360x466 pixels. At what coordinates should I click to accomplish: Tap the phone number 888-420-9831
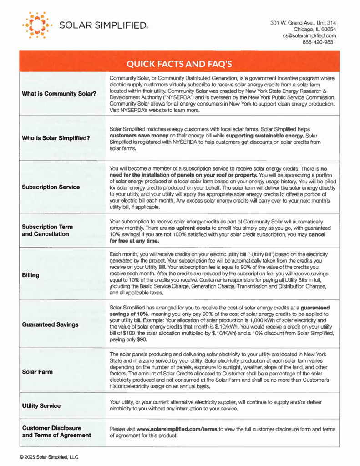tap(319, 42)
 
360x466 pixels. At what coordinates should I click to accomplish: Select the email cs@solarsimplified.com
tap(309, 35)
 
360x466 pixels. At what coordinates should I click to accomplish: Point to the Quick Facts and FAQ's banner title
tap(179, 63)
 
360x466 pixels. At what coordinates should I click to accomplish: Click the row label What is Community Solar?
tap(59, 94)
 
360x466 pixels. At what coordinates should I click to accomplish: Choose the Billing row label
tap(30, 275)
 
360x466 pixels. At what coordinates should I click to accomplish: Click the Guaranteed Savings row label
tap(50, 324)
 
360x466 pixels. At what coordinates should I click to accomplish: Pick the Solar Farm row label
tap(37, 372)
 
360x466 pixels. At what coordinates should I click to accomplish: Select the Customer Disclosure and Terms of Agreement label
tap(56, 432)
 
